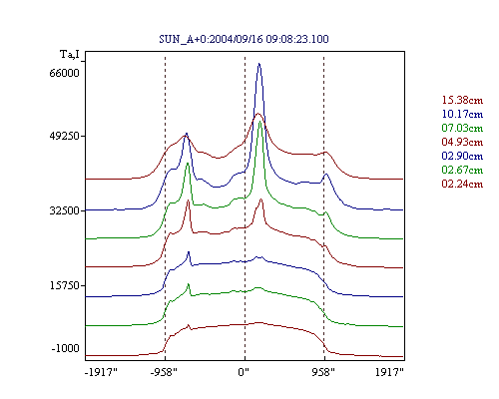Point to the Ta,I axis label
click(70, 54)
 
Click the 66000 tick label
click(64, 73)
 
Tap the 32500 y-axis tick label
click(65, 210)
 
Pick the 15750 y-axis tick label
click(65, 285)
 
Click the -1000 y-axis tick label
click(65, 348)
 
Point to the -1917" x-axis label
click(101, 372)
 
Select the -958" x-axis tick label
click(164, 372)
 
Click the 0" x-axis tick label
click(244, 372)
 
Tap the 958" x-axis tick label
click(323, 372)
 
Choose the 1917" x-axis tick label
click(389, 372)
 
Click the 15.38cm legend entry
click(462, 100)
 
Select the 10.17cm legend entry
click(462, 114)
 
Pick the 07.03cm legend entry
click(462, 128)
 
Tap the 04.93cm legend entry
click(462, 142)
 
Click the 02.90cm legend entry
click(462, 156)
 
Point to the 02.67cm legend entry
click(462, 170)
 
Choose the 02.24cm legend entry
click(462, 184)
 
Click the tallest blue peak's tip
click(259, 63)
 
